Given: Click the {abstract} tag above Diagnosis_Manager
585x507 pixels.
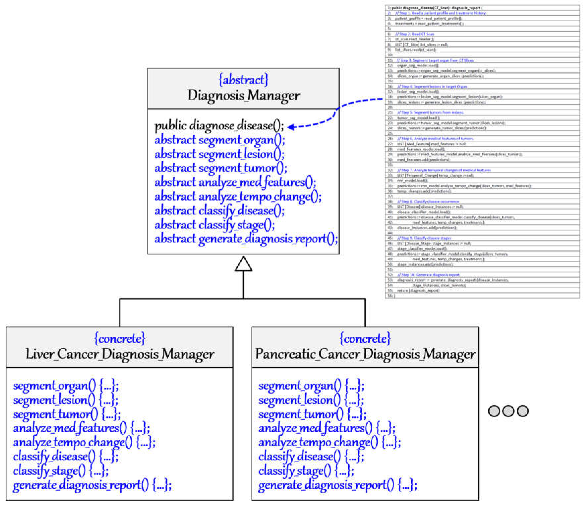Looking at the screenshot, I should (243, 80).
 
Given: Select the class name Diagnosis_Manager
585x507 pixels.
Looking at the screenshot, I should (243, 95).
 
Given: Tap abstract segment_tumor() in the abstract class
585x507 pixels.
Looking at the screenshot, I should (221, 168).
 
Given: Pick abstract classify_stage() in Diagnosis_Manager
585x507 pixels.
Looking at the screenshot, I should (214, 225).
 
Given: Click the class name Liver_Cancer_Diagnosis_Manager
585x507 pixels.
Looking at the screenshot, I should (120, 354).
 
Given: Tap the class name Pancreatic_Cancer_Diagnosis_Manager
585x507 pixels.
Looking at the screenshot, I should (365, 354).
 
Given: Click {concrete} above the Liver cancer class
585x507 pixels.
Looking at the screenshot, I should (120, 338).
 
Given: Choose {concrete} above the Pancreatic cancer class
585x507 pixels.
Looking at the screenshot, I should (365, 338).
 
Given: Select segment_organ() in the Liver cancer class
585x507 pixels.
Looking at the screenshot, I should (66, 386).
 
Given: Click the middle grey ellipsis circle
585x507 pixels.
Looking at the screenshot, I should (508, 411).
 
